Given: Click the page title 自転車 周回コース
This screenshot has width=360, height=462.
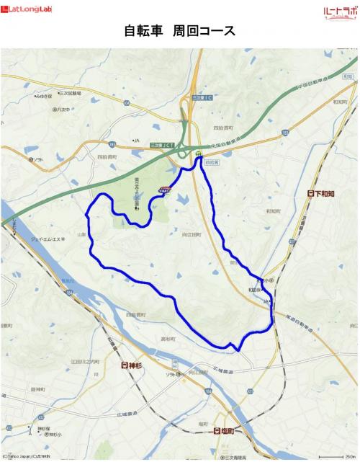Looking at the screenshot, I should (179, 32).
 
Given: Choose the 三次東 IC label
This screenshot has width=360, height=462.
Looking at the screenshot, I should (207, 97).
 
